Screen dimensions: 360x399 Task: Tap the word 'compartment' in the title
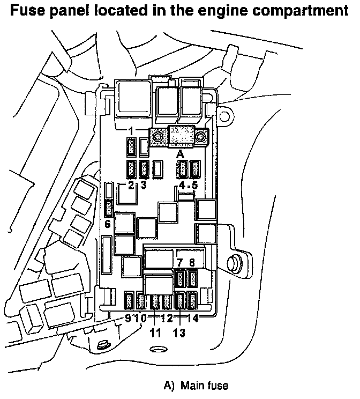click(x=301, y=11)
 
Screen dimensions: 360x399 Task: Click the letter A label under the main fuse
click(x=180, y=154)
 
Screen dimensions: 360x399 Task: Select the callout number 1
click(x=131, y=131)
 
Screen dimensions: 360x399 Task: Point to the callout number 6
click(x=108, y=224)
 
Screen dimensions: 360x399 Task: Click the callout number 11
click(x=155, y=332)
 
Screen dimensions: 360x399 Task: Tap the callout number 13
click(x=179, y=332)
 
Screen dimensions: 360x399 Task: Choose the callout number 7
click(x=180, y=262)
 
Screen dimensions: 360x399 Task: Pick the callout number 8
click(x=192, y=262)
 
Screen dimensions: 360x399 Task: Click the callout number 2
click(x=131, y=185)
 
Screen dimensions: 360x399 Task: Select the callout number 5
click(x=194, y=185)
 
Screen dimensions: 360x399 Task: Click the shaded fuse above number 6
click(x=109, y=209)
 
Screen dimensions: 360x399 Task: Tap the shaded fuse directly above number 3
click(x=144, y=169)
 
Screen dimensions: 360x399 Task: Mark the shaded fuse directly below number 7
click(x=180, y=279)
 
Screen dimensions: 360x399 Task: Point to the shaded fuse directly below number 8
click(x=192, y=279)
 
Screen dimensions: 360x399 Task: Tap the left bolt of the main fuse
click(x=158, y=137)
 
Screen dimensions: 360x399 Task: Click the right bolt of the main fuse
click(x=200, y=137)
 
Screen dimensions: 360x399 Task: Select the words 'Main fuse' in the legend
click(x=204, y=386)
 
